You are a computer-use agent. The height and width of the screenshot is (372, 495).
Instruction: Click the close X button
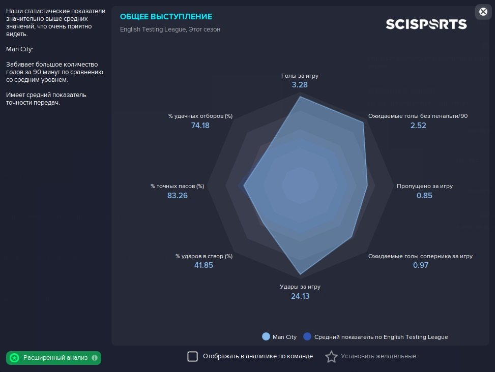click(483, 12)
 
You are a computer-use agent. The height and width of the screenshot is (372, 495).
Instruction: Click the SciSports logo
click(426, 24)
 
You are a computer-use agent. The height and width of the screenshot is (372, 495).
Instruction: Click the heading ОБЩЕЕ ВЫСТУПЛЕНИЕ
click(166, 17)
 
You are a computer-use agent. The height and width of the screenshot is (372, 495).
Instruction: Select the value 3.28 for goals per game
click(300, 85)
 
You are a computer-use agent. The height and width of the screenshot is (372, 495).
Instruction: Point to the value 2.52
click(418, 126)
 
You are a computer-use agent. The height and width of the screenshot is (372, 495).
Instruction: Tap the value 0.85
click(424, 196)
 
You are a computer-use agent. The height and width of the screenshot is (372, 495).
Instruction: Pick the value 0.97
click(421, 265)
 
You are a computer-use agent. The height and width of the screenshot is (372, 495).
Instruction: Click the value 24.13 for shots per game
click(300, 296)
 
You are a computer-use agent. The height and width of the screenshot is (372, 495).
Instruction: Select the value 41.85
click(203, 265)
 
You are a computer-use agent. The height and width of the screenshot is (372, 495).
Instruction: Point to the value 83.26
click(178, 196)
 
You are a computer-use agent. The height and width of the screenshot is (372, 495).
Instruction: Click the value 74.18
click(200, 126)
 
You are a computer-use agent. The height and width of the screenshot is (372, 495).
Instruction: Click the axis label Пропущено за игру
click(425, 186)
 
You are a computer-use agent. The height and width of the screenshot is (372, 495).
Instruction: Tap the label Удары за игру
click(300, 287)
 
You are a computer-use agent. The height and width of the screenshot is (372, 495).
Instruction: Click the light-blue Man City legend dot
click(266, 337)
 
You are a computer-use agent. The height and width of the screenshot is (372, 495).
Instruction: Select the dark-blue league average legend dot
click(307, 337)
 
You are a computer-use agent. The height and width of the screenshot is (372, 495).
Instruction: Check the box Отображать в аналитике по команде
click(193, 356)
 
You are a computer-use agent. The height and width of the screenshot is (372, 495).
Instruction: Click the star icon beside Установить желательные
click(331, 357)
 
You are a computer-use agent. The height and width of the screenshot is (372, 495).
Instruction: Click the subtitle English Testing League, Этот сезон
click(170, 29)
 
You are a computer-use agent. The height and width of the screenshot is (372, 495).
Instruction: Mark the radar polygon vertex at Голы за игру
click(300, 97)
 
